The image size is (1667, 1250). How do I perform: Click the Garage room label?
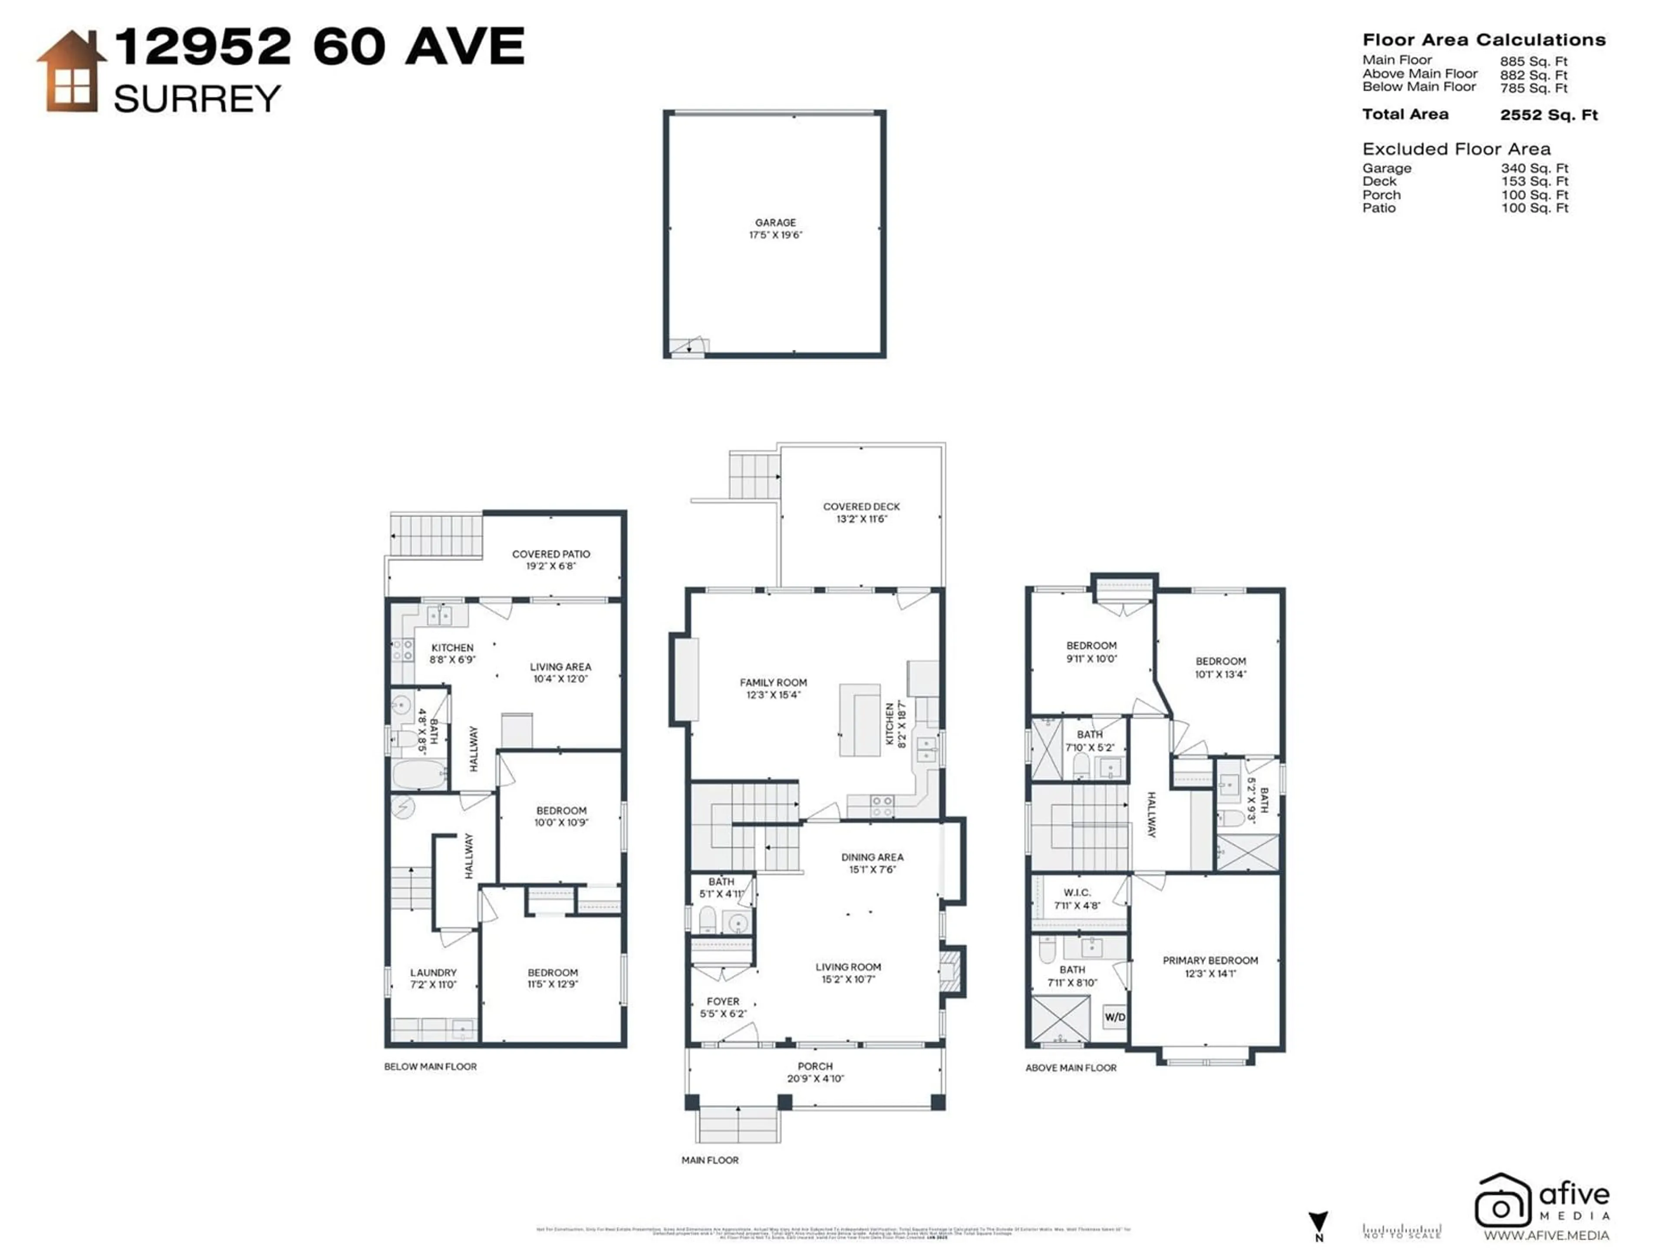pyautogui.click(x=775, y=222)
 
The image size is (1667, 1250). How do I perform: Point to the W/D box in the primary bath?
pyautogui.click(x=1115, y=1017)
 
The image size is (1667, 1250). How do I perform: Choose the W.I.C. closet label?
pyautogui.click(x=1077, y=892)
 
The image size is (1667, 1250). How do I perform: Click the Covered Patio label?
pyautogui.click(x=551, y=554)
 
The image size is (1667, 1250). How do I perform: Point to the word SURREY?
pyautogui.click(x=198, y=99)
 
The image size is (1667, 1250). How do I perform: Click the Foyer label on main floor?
pyautogui.click(x=723, y=1001)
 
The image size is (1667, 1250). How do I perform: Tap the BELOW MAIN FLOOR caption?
pyautogui.click(x=430, y=1067)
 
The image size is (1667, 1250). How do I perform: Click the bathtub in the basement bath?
pyautogui.click(x=418, y=775)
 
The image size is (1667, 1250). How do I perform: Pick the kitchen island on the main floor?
pyautogui.click(x=860, y=720)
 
